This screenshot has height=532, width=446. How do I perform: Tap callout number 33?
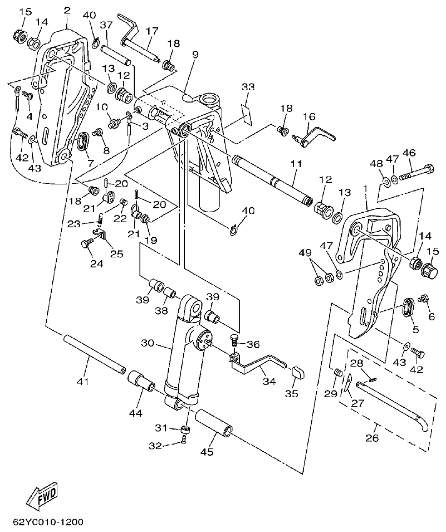tap(248, 87)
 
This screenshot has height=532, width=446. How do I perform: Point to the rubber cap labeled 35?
tap(297, 372)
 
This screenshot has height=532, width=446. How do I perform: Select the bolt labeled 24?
tap(87, 243)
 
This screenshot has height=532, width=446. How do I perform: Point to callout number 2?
tap(67, 10)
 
